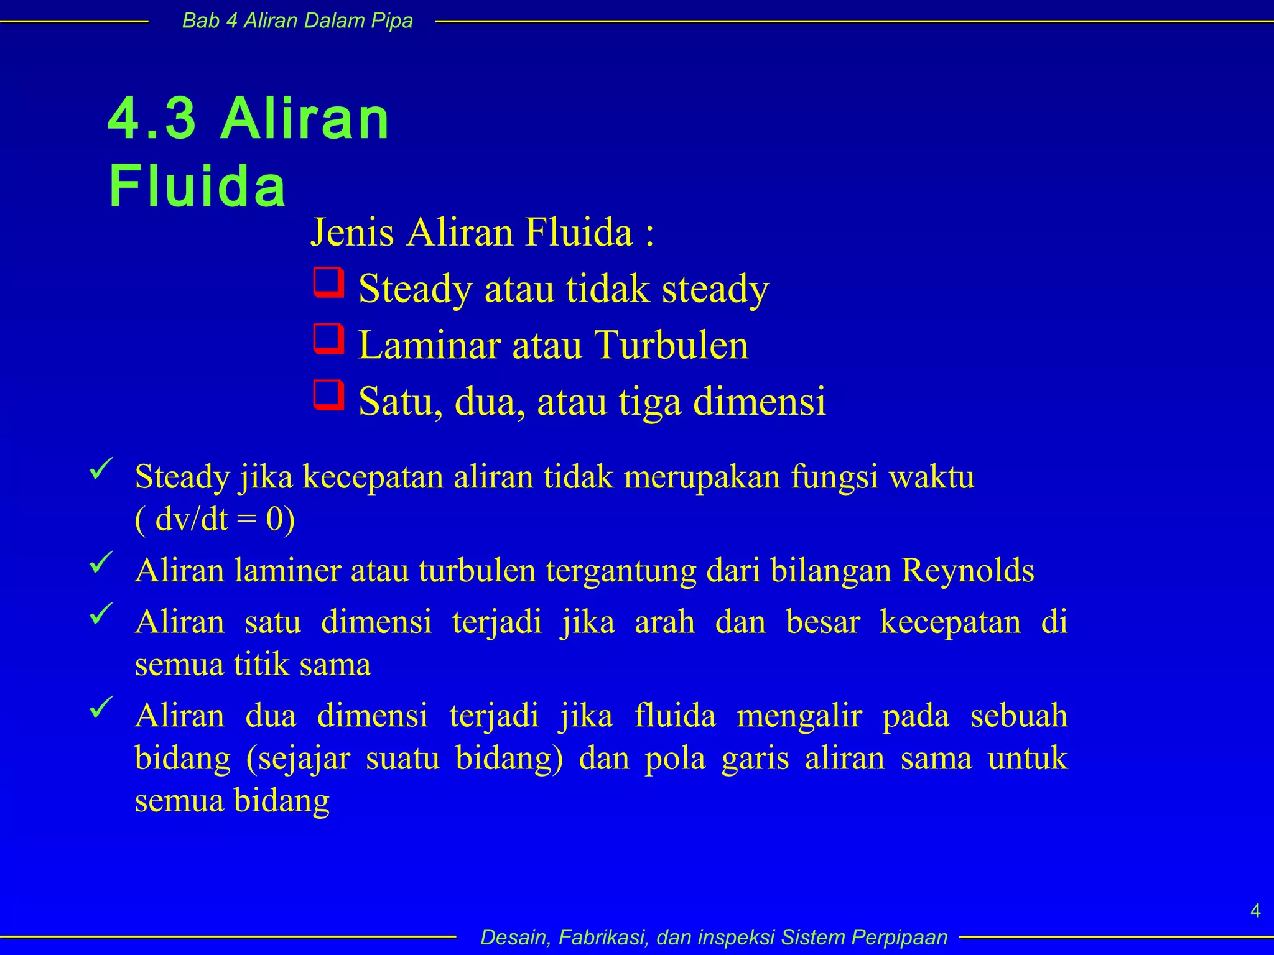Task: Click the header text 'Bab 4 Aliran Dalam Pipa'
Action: tap(297, 21)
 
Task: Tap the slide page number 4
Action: tap(1255, 911)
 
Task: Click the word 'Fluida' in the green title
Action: tap(198, 186)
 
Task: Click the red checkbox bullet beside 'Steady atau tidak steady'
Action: tap(328, 283)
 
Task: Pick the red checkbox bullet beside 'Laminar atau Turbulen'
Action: tap(328, 339)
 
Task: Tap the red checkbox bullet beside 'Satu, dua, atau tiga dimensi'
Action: tap(328, 395)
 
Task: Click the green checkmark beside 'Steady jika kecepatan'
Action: tap(101, 468)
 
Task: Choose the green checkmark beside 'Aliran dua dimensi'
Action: tap(101, 707)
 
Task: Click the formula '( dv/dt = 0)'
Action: tap(215, 519)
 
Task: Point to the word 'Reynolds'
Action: tap(968, 570)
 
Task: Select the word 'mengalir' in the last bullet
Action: tap(799, 716)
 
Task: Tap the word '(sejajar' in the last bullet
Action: tap(298, 759)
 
